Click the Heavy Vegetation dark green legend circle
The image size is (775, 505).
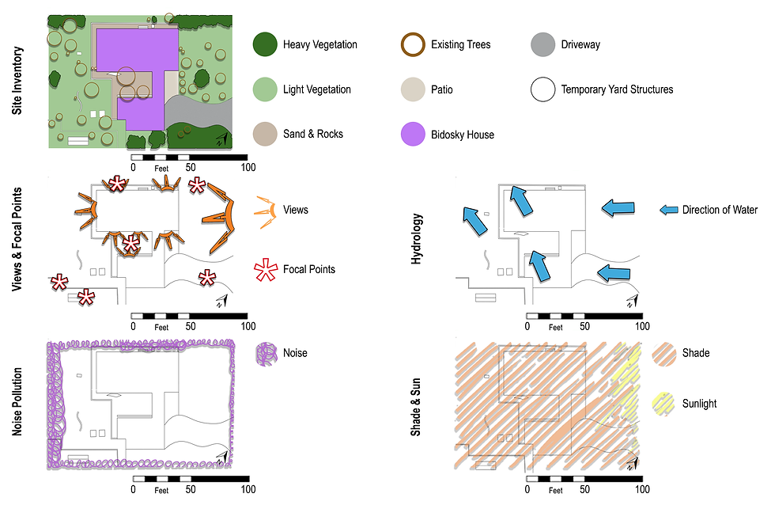[x=265, y=44]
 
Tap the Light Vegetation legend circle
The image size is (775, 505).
[x=265, y=89]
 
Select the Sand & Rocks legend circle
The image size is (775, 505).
[x=265, y=134]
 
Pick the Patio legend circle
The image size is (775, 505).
[x=413, y=89]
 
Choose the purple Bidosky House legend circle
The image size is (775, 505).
[x=413, y=134]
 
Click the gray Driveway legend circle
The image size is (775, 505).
[x=542, y=44]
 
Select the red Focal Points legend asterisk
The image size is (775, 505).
[x=266, y=270]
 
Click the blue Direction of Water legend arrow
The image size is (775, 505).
[x=669, y=210]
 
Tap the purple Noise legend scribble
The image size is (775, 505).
[x=267, y=354]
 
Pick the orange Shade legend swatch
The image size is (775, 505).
[x=663, y=354]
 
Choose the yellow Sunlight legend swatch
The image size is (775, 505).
[x=663, y=404]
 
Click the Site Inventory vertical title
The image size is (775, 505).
[x=17, y=81]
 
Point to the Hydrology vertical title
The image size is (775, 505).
[x=417, y=239]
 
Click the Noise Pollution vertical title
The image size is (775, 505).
[x=17, y=401]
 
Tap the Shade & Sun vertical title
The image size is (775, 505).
[x=416, y=407]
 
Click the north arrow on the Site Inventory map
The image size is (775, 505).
[x=223, y=139]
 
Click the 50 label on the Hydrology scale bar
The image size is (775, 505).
[x=584, y=326]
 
